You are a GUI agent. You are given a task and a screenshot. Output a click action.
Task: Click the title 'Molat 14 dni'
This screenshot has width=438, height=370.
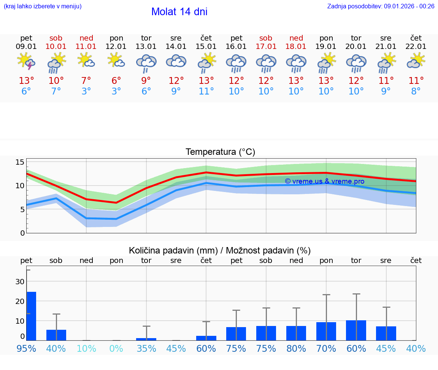(179, 12)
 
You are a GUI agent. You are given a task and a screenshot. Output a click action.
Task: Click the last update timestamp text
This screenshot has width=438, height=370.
(381, 6)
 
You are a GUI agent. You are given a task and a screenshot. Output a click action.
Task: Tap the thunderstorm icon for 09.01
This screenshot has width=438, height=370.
(26, 61)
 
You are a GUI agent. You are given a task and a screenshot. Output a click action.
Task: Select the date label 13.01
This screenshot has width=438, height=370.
(146, 46)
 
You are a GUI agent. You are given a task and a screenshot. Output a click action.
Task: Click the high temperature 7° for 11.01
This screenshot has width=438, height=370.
(86, 81)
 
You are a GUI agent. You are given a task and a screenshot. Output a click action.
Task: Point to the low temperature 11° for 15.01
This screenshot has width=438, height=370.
(206, 91)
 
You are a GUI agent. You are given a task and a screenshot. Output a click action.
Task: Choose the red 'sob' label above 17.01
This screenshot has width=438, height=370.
(266, 38)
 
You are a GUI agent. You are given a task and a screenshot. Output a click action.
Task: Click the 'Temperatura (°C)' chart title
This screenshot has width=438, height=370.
(220, 152)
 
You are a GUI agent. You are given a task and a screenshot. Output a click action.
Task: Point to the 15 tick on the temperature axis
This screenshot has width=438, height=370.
(20, 162)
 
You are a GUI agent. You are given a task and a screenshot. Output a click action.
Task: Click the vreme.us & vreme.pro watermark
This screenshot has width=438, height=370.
(324, 181)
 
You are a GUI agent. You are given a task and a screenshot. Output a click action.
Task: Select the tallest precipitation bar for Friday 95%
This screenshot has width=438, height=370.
(31, 316)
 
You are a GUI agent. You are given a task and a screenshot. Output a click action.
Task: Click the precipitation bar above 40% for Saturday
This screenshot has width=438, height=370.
(56, 335)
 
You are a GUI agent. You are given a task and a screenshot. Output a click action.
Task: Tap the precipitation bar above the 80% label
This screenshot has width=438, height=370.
(296, 333)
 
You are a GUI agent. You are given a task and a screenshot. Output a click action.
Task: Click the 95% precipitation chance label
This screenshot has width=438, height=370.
(26, 348)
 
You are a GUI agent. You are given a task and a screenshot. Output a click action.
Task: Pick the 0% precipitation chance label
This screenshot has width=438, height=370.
(116, 348)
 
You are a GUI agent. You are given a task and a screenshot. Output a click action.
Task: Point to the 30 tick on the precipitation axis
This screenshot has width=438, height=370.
(20, 282)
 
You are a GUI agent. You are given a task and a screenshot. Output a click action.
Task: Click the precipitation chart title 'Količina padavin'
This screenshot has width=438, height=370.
(220, 250)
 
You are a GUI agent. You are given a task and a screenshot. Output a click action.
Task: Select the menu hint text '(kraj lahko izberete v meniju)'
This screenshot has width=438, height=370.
(43, 6)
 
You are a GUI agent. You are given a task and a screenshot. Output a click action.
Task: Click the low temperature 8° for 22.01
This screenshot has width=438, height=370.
(416, 91)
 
